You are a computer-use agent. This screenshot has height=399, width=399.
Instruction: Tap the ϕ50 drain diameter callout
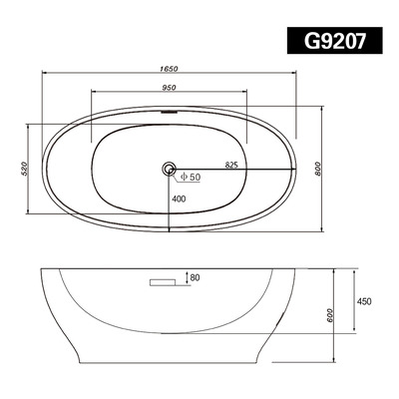tap(189, 178)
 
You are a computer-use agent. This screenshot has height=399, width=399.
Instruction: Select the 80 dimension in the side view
tap(195, 277)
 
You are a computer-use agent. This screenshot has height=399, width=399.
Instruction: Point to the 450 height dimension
tap(364, 299)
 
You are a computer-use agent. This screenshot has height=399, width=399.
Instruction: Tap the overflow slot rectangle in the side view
tap(163, 284)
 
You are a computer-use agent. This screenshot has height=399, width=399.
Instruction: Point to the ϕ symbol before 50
tap(183, 178)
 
